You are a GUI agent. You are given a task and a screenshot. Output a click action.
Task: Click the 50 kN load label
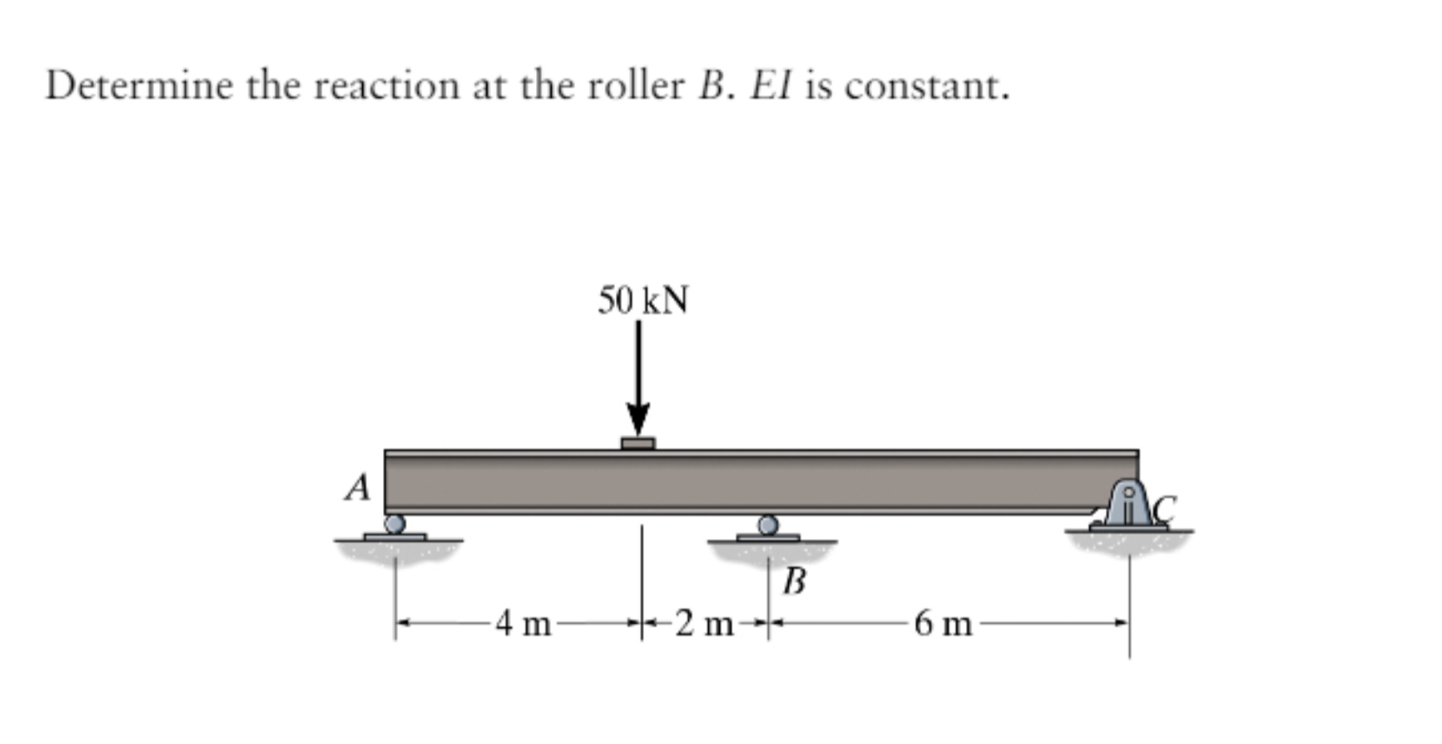642,301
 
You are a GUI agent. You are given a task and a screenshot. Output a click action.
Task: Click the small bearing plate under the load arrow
638,443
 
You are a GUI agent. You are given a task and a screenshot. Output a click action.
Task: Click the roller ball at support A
394,523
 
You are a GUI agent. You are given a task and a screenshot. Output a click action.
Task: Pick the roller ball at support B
768,524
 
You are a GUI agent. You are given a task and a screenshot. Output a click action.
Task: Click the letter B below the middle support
794,581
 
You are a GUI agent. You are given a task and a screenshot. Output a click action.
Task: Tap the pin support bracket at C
1128,506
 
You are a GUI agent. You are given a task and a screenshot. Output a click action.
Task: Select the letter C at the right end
1164,508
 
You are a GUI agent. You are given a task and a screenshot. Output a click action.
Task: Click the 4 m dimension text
524,623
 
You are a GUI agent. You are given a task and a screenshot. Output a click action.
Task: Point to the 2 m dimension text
704,623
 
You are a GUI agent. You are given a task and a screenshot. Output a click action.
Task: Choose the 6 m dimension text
943,623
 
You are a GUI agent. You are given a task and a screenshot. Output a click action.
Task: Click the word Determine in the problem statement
139,86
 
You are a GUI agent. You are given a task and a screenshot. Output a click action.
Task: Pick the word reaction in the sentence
386,86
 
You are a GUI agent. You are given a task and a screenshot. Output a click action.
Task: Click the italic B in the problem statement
711,86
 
